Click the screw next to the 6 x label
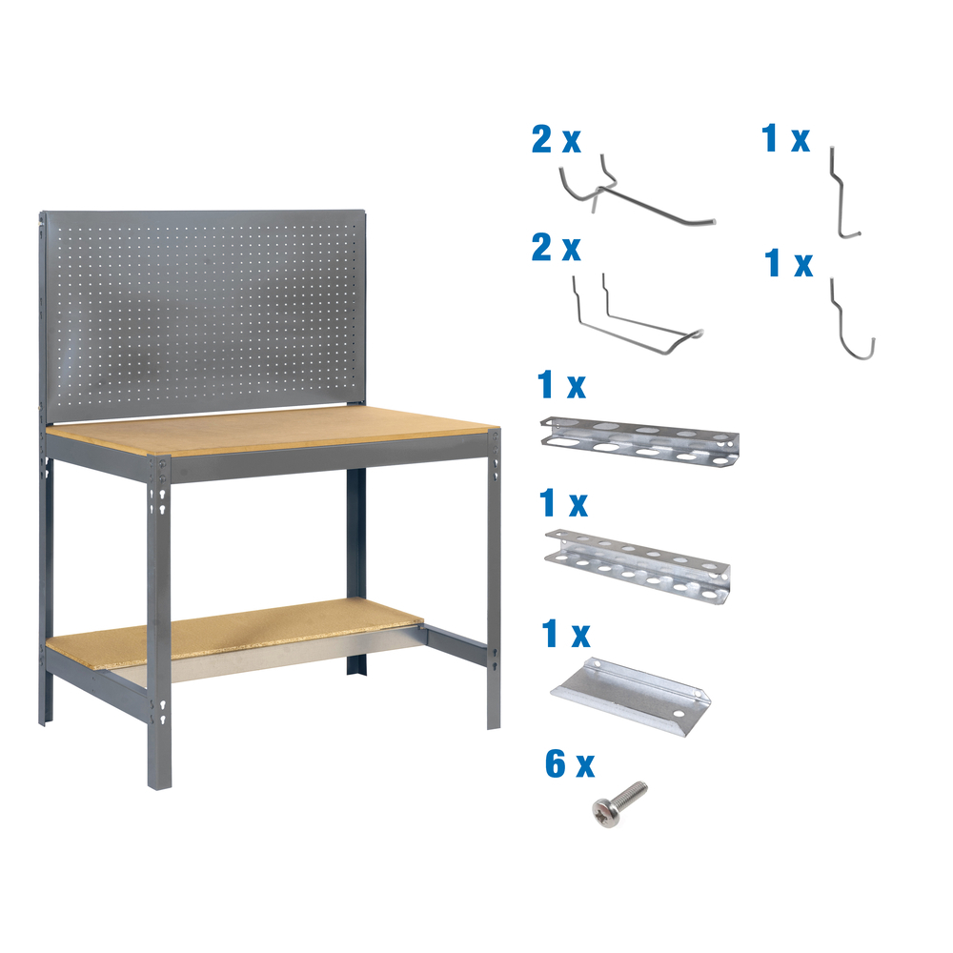coord(619,803)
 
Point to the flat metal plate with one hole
coord(630,688)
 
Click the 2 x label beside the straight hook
coord(556,140)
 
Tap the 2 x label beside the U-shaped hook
coord(556,249)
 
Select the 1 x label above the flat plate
coord(564,635)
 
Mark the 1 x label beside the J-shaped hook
coord(789,263)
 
